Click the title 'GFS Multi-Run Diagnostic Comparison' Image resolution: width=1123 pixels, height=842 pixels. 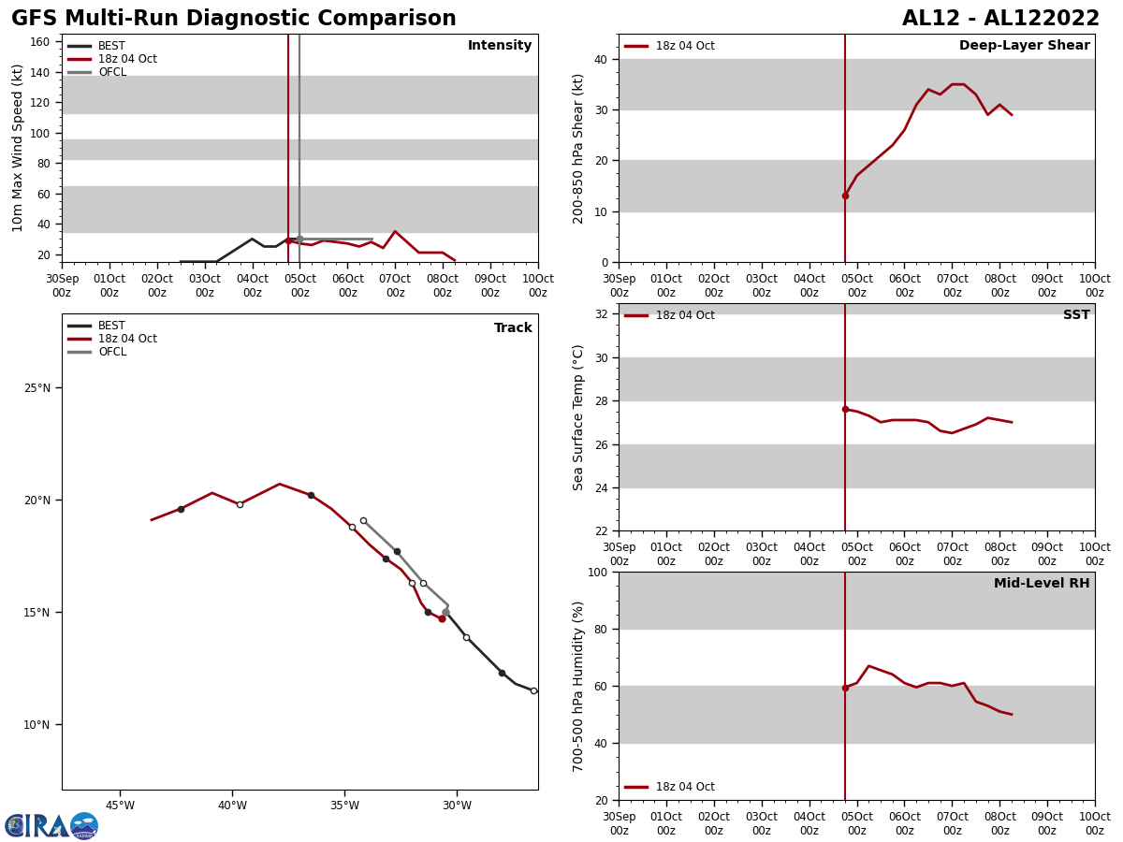click(x=233, y=19)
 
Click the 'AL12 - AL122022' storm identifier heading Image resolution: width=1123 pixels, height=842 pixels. click(x=1000, y=19)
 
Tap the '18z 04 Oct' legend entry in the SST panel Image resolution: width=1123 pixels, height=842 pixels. click(x=684, y=315)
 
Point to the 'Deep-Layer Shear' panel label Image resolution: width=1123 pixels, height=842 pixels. click(x=1024, y=46)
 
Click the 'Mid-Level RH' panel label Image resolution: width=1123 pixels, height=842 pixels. click(x=1041, y=584)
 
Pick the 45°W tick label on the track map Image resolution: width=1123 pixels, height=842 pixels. click(x=120, y=806)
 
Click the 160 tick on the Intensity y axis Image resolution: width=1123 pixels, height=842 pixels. click(x=39, y=42)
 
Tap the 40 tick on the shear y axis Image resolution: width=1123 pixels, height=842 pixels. click(x=600, y=60)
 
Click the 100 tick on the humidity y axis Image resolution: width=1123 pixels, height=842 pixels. click(x=596, y=573)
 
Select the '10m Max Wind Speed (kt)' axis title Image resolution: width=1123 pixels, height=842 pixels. click(x=18, y=148)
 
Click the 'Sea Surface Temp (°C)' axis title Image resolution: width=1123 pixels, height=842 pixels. click(x=578, y=417)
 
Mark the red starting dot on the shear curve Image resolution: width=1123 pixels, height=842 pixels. click(x=845, y=196)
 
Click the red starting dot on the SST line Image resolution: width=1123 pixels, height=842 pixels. click(x=845, y=409)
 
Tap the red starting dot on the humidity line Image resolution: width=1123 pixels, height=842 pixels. click(x=845, y=688)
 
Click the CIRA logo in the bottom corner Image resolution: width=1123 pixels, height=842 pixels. click(x=51, y=826)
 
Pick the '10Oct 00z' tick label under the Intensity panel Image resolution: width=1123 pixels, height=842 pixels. click(x=537, y=285)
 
